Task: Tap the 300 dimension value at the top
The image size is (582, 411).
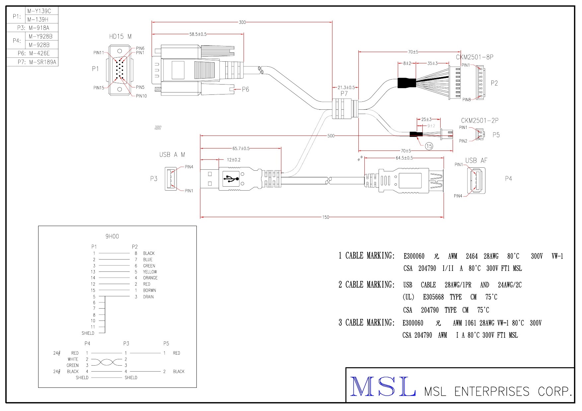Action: point(242,22)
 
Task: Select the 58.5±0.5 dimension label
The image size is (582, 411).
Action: point(198,34)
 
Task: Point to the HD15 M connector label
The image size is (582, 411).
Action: point(120,36)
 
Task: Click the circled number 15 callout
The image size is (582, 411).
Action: point(429,146)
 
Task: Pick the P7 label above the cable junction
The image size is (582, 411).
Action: point(344,93)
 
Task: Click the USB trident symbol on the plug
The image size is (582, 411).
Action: point(231,179)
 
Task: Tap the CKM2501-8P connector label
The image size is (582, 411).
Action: point(474,57)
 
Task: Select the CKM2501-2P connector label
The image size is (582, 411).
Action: point(479,121)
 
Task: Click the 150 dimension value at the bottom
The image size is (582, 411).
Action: point(326,217)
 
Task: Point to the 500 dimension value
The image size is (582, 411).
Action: point(331,136)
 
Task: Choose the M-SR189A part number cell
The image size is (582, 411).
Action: point(42,62)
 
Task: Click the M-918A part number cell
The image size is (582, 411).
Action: point(39,28)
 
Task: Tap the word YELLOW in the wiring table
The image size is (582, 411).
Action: point(150,272)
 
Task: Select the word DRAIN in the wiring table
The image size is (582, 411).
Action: point(148,297)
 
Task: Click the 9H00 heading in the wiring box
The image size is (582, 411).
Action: point(112,236)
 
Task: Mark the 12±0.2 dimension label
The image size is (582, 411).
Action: point(234,160)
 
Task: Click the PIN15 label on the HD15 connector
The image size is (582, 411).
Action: point(99,88)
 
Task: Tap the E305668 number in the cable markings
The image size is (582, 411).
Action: point(433,297)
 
